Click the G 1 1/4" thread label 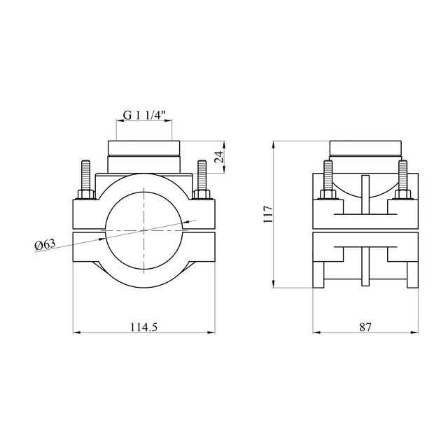coord(144,115)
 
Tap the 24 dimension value coord(219,157)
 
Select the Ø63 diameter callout coord(45,244)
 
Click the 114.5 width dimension coord(143,327)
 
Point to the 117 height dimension coord(268,214)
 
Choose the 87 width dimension coord(365,327)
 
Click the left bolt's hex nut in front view coord(86,195)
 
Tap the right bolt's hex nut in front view coord(202,195)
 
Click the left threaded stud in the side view coord(328,175)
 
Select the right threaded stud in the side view coord(402,175)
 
